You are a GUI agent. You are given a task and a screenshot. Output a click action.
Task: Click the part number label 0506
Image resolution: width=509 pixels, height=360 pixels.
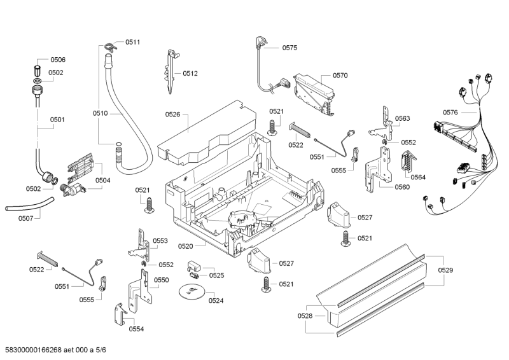pos(57,60)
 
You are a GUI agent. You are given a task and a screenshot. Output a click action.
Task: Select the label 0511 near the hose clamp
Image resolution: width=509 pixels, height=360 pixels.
pos(132,42)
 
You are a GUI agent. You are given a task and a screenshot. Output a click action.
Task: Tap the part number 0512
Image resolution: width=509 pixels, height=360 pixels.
pos(190,73)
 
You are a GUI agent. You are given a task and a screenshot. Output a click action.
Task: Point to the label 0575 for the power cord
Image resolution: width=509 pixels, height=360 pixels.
pos(290,48)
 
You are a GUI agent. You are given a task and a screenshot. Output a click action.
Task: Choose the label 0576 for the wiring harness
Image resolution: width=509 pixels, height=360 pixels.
pos(450,113)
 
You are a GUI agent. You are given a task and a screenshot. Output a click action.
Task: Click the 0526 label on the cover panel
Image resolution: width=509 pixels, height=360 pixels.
pos(173,114)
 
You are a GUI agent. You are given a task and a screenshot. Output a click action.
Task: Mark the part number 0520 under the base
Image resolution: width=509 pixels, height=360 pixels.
pos(186,246)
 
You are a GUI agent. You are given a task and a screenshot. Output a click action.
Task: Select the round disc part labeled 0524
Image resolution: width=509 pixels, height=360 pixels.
pos(190,292)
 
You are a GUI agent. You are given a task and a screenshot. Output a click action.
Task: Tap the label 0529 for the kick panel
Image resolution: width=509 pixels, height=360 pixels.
pos(446,271)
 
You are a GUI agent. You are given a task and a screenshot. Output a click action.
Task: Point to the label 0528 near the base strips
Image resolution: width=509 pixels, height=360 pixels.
pos(305,316)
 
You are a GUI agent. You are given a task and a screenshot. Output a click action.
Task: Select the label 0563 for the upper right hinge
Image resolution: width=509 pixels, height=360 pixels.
pos(402,119)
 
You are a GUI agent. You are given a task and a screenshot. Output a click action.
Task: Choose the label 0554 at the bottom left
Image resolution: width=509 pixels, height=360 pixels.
pos(136,329)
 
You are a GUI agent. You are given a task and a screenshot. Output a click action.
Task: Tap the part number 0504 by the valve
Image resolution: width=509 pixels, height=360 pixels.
pos(102,181)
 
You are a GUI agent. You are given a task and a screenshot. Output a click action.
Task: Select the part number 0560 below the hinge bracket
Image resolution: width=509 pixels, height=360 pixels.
pos(402,188)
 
